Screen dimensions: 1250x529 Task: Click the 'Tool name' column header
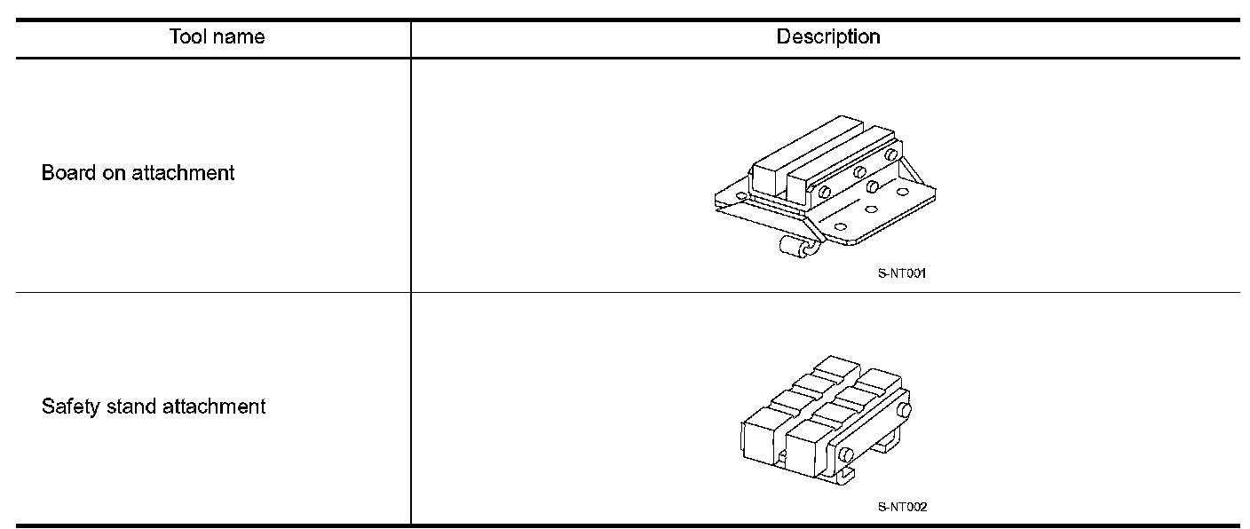218,37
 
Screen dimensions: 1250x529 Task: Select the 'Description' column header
828,37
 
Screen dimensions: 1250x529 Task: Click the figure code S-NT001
902,274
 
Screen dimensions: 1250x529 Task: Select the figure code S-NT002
902,508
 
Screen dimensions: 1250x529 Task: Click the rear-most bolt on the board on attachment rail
890,156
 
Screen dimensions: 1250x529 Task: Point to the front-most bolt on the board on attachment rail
825,191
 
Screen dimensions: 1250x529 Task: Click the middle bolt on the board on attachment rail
859,172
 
